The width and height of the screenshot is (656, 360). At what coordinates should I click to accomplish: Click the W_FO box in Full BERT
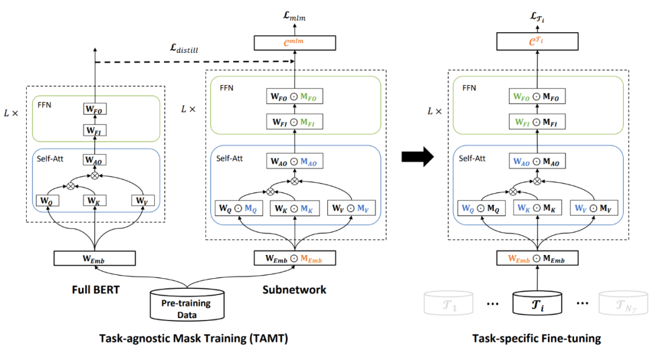tap(94, 110)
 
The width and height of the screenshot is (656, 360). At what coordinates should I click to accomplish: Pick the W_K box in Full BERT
tap(94, 200)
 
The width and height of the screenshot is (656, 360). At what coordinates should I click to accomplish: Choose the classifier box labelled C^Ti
tap(538, 42)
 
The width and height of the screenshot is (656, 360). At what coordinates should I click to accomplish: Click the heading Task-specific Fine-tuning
tap(536, 338)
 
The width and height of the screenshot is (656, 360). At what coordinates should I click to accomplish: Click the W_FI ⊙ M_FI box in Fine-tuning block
tap(538, 123)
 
